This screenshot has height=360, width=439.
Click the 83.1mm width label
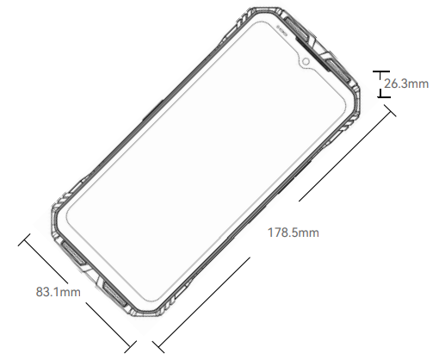(59, 292)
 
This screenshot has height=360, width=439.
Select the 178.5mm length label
(293, 233)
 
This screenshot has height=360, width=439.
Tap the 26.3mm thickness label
(406, 84)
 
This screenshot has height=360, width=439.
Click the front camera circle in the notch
(306, 61)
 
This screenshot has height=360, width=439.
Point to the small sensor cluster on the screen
(282, 30)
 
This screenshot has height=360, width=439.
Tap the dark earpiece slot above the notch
(312, 54)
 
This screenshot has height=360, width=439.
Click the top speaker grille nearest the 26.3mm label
(337, 71)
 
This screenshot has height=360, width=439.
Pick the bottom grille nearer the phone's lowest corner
(114, 295)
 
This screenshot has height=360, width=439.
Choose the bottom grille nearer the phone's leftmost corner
(73, 252)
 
